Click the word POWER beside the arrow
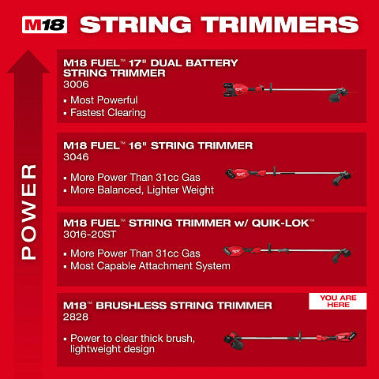(28, 211)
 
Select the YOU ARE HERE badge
(337, 302)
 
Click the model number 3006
(76, 83)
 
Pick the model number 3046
(76, 157)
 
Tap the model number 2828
(76, 317)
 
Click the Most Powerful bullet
(103, 100)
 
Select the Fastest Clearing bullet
(107, 113)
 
